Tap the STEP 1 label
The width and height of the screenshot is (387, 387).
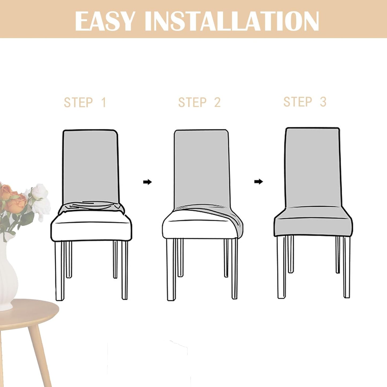coord(85,103)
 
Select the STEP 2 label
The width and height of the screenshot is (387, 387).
coord(200,103)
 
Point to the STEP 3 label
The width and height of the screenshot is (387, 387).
coord(305,102)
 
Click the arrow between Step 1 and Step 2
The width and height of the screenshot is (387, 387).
coord(147,182)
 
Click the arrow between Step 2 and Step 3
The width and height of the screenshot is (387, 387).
coord(258,182)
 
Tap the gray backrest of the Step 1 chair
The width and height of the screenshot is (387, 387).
coord(90,166)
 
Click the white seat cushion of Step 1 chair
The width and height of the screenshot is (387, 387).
coord(91,228)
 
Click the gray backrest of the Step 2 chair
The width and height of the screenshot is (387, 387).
coord(201,169)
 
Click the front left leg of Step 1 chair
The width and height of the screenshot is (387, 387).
coord(60,270)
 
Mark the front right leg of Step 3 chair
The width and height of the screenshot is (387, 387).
coord(347,268)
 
